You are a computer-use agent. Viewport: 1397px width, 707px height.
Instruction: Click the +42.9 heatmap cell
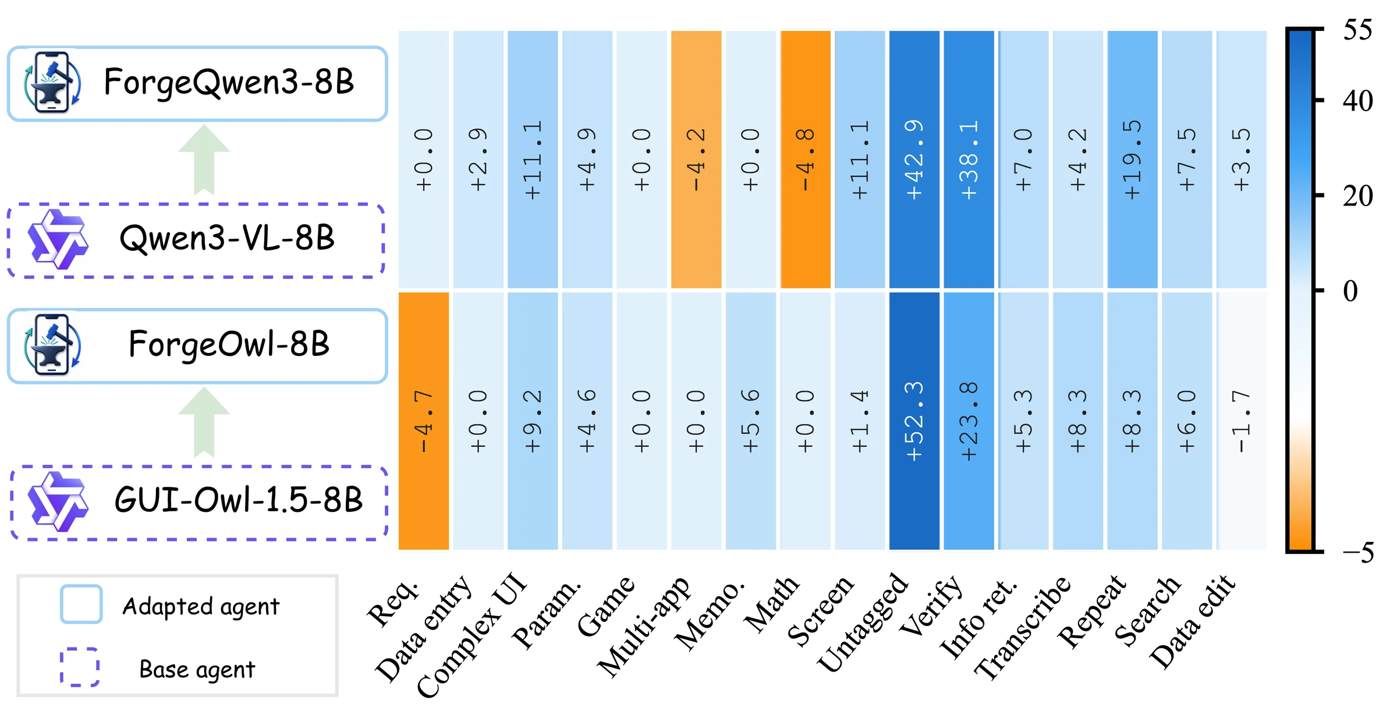coord(914,159)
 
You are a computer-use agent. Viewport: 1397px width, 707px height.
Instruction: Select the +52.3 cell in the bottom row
coord(914,420)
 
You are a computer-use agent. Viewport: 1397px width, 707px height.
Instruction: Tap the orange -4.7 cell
coord(423,420)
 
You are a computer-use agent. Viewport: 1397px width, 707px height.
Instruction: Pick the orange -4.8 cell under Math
coord(805,159)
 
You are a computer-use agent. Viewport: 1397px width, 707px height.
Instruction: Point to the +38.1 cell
coord(969,159)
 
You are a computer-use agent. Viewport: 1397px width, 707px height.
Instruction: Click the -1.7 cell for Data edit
coord(1242,420)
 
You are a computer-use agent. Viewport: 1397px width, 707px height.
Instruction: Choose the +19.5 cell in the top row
coord(1132,159)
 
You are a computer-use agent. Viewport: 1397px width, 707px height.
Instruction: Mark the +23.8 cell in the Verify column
coord(969,420)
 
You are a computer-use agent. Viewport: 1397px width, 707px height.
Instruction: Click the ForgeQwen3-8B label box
coord(197,84)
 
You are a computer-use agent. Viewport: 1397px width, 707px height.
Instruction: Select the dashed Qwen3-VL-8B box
coord(196,241)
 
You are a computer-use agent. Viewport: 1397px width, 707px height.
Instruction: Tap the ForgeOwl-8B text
coord(229,344)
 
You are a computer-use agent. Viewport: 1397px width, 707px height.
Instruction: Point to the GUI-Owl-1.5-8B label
coord(239,500)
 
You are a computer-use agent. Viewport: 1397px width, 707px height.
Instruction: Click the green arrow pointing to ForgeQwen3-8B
coord(204,160)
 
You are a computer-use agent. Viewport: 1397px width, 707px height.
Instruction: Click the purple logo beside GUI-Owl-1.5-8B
coord(58,501)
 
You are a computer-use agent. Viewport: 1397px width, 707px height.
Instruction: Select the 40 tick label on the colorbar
coord(1358,101)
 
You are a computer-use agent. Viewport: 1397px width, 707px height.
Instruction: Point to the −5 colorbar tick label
coord(1359,552)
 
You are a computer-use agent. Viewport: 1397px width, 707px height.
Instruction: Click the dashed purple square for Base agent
coord(80,667)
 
